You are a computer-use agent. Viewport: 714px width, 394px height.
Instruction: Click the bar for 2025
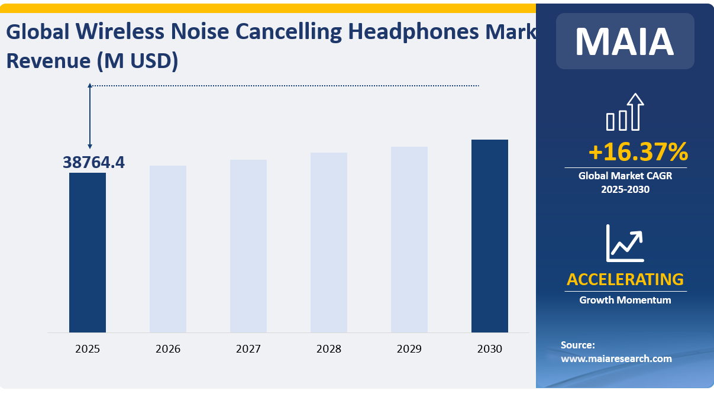(88, 253)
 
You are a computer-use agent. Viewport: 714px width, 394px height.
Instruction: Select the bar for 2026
(168, 249)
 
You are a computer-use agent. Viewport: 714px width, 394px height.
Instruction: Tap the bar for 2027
(248, 246)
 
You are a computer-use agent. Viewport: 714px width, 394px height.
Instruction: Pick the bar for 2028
(329, 243)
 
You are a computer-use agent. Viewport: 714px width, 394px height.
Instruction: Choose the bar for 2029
(409, 240)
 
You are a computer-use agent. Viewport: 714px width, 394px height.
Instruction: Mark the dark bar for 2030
(490, 236)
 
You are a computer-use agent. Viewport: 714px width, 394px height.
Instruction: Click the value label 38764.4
(94, 162)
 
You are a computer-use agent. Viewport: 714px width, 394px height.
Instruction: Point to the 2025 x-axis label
(88, 349)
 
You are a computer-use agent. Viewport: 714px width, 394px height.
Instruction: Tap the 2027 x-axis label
(248, 349)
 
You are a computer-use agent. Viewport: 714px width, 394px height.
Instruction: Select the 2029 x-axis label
(409, 349)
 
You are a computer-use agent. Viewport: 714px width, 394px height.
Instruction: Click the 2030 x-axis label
(490, 349)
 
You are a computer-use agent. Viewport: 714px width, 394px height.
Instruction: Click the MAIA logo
(625, 41)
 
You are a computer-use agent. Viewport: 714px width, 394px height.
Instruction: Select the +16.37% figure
(638, 152)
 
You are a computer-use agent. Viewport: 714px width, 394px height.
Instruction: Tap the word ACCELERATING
(625, 279)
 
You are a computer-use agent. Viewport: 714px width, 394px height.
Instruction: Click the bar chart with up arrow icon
(625, 112)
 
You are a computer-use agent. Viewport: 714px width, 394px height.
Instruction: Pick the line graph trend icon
(625, 243)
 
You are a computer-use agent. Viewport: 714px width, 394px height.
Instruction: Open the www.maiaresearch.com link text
(616, 359)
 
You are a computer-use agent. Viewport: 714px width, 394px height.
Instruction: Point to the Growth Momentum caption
(625, 300)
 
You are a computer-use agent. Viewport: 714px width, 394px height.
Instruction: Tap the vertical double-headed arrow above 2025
(90, 116)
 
